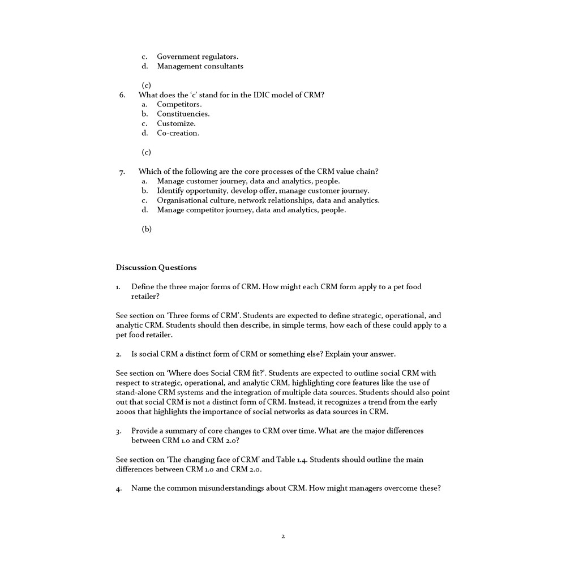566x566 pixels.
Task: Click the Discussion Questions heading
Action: tap(156, 267)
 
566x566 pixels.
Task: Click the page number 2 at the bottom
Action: tap(283, 536)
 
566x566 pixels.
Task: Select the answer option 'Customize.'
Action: tap(176, 123)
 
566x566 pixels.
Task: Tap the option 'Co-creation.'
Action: tap(178, 133)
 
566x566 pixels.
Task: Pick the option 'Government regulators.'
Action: tap(198, 57)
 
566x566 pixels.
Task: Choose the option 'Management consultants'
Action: tap(200, 66)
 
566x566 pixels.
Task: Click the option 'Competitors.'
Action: tap(179, 104)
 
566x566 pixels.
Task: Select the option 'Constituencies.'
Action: tap(183, 114)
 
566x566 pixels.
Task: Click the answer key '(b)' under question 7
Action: tap(147, 229)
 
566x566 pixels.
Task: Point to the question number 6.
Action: tap(122, 95)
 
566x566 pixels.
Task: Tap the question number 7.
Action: tap(122, 171)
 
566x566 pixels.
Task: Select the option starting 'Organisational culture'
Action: tap(268, 200)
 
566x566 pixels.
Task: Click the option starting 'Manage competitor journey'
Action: tap(251, 210)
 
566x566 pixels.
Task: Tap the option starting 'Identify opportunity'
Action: tap(263, 191)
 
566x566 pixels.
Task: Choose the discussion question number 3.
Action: tap(119, 431)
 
